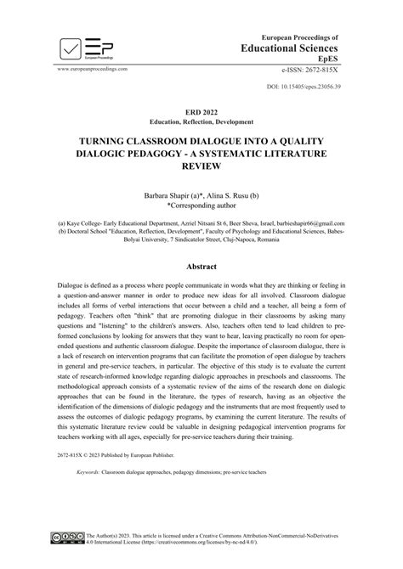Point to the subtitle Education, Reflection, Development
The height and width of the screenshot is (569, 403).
(x=201, y=123)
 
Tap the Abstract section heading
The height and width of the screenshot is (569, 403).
(x=201, y=266)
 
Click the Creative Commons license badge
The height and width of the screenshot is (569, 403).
(x=71, y=539)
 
